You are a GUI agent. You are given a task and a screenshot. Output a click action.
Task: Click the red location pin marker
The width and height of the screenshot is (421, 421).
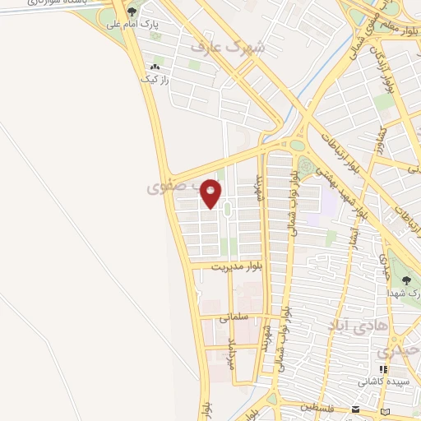pos(211,192)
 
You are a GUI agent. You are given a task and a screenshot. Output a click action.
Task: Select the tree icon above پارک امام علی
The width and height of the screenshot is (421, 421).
pos(132,12)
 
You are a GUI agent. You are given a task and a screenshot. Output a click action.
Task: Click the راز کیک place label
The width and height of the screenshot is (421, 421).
pos(155,79)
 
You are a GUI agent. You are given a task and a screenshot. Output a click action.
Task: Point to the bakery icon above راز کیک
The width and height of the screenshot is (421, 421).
pos(154,67)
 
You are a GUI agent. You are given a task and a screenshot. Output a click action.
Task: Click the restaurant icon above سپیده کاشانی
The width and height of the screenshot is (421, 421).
pos(383,369)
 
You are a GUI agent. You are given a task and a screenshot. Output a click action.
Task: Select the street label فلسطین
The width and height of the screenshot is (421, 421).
pos(317,407)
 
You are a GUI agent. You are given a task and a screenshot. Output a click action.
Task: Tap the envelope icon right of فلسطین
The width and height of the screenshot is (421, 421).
pos(355,409)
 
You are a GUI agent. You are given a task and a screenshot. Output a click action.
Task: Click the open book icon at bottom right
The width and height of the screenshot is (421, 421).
pos(385,409)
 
